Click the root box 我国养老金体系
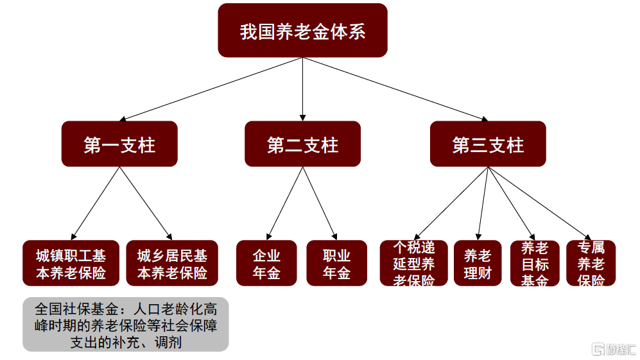(302, 30)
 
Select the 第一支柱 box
(119, 144)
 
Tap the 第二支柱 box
(302, 144)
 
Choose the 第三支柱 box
(488, 144)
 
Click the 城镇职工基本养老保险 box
(71, 263)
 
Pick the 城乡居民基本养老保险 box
(172, 263)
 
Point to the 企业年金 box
(266, 263)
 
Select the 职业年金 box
(337, 263)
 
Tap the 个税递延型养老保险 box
(414, 263)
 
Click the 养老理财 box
(478, 263)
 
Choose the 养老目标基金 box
(535, 263)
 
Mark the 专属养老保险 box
(591, 263)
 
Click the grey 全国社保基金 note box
(126, 325)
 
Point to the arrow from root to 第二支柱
(302, 89)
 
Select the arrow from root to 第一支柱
(211, 89)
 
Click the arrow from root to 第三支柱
(395, 89)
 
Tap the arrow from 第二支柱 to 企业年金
(284, 203)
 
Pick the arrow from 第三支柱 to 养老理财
(483, 203)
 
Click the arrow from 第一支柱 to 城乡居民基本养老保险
(146, 203)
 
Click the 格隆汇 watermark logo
(614, 349)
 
